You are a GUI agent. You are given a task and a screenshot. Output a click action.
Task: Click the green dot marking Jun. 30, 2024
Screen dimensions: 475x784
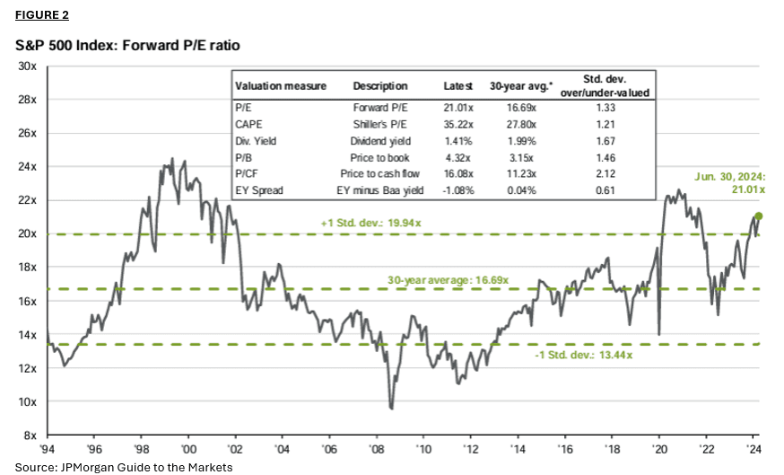[x=759, y=216]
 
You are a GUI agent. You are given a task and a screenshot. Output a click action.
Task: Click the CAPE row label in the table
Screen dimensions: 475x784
[x=248, y=120]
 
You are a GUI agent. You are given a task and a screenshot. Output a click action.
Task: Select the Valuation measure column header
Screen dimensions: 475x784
[x=280, y=86]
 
